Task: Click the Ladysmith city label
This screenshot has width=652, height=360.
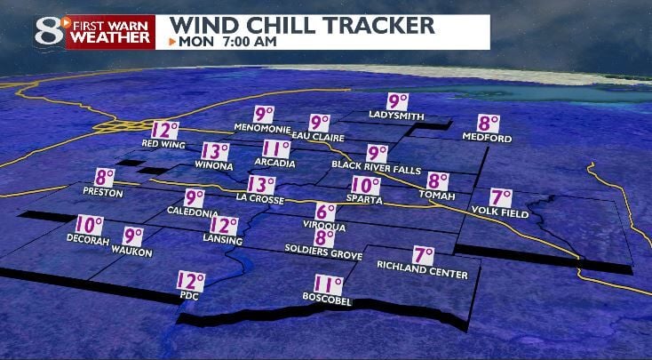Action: pyautogui.click(x=396, y=116)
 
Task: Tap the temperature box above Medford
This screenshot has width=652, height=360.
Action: pyautogui.click(x=489, y=124)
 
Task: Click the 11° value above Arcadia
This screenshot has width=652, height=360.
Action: pyautogui.click(x=276, y=148)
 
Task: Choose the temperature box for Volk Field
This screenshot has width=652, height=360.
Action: pyautogui.click(x=502, y=197)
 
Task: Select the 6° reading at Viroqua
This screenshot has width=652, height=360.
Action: pyautogui.click(x=326, y=212)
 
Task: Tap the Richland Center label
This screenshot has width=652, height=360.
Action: pyautogui.click(x=422, y=265)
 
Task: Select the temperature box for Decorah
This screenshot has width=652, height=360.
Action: pyautogui.click(x=89, y=226)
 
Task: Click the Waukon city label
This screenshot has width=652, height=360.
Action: pyautogui.click(x=131, y=253)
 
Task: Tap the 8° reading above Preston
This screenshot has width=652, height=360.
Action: pyautogui.click(x=106, y=178)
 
